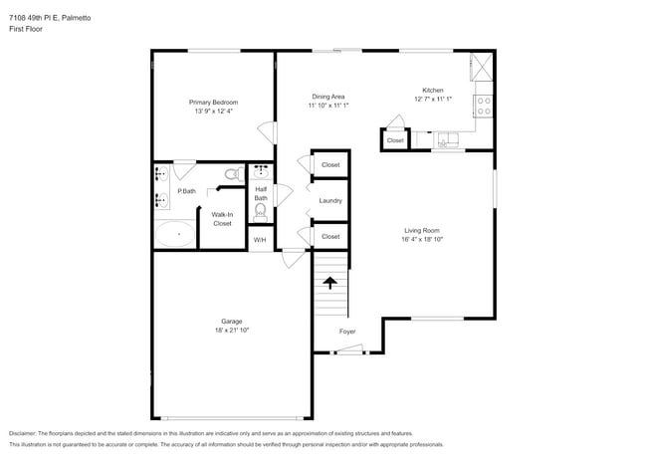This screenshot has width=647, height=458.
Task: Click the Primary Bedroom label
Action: tap(213, 102)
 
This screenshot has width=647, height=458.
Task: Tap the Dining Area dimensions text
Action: tap(327, 106)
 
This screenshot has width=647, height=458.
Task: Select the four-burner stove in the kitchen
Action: tap(484, 103)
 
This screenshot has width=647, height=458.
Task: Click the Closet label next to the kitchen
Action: tap(395, 140)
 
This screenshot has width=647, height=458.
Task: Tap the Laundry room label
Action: tap(330, 201)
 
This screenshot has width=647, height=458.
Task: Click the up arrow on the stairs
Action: tap(330, 283)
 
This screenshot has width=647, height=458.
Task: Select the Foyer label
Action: tap(347, 332)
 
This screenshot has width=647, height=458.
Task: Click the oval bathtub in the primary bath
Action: tap(175, 235)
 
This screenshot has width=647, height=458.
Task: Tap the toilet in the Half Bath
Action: tap(261, 210)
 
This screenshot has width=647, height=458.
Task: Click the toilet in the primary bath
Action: tap(231, 174)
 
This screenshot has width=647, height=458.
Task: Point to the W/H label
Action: tap(259, 240)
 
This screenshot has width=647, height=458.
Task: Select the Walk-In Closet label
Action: tap(221, 219)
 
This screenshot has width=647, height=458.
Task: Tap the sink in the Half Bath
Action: tap(261, 172)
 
